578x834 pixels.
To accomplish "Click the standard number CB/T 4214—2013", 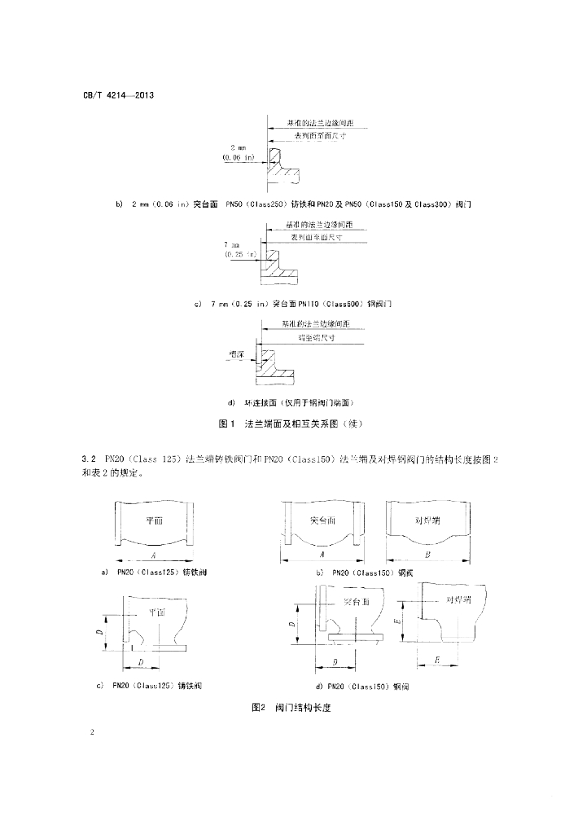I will pyautogui.click(x=118, y=95).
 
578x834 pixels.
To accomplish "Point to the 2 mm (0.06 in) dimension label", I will pyautogui.click(x=239, y=152).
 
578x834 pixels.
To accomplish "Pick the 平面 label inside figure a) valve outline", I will pyautogui.click(x=155, y=520).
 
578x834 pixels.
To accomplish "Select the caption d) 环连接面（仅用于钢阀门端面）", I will pyautogui.click(x=291, y=403).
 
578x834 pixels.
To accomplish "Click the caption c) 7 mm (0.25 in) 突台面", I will pyautogui.click(x=295, y=304).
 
